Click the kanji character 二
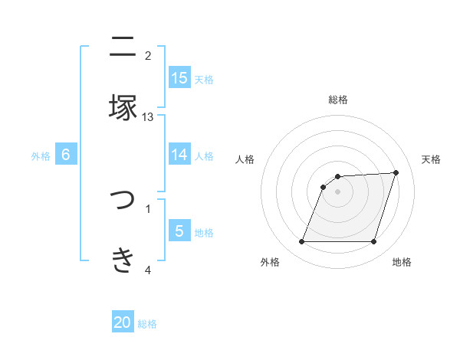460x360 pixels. click(x=123, y=47)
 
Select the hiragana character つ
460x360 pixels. click(x=123, y=201)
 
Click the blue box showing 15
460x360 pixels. click(x=179, y=77)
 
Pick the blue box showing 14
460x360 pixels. click(x=179, y=154)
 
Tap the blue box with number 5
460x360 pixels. click(x=179, y=231)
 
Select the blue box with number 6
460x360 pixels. click(x=66, y=154)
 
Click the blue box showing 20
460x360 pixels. click(x=123, y=322)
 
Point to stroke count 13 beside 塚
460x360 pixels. click(x=148, y=116)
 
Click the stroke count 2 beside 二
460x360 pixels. click(x=148, y=55)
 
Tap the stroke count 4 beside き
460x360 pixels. click(x=148, y=270)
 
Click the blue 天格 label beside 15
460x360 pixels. click(x=204, y=79)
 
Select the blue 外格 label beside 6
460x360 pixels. click(x=41, y=155)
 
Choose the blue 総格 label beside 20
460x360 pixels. click(x=147, y=324)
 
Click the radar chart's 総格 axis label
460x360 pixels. click(x=338, y=100)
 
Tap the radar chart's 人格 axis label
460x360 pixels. click(x=245, y=159)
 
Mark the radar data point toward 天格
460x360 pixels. click(x=396, y=172)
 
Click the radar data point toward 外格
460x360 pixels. click(x=301, y=242)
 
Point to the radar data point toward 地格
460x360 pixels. click(x=374, y=242)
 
